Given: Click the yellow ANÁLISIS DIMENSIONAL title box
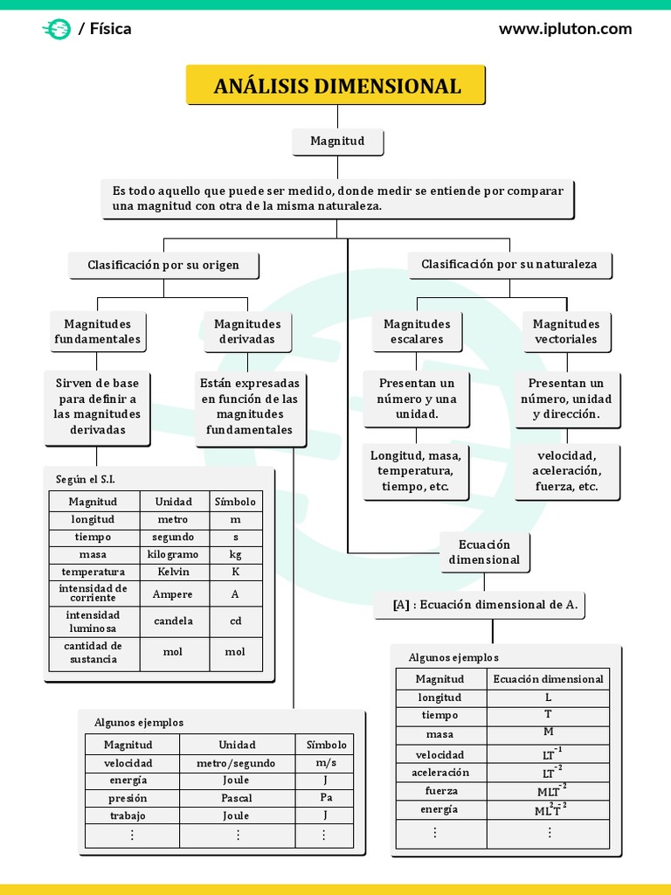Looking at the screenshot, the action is (x=336, y=86).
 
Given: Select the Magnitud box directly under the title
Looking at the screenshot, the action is (x=337, y=141).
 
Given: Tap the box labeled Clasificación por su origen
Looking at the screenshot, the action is (x=163, y=264).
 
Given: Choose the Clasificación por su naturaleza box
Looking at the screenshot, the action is (x=509, y=264).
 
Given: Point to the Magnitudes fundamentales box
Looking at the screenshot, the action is (x=97, y=331).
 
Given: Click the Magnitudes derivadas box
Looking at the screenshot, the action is (x=247, y=331).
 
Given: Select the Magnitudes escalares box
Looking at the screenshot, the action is (x=417, y=331).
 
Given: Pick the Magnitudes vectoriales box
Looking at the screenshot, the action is (x=566, y=331).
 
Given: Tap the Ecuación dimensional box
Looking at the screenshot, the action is (x=484, y=552).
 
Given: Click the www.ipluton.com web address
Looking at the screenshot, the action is (x=565, y=29).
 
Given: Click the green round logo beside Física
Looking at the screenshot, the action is (x=57, y=29).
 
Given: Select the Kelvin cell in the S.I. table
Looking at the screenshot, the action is (x=174, y=572).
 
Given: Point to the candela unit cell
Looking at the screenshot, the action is (x=174, y=621).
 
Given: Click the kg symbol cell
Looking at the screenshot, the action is (x=235, y=554).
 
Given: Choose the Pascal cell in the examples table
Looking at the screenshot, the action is (x=237, y=798).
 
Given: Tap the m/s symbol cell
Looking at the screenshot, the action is (x=326, y=763).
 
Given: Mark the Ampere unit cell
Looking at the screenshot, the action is (x=174, y=594).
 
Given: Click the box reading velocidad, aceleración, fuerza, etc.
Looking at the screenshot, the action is (x=566, y=471).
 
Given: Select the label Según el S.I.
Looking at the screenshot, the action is (x=86, y=479).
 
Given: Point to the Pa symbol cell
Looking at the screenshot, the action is (x=326, y=798).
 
